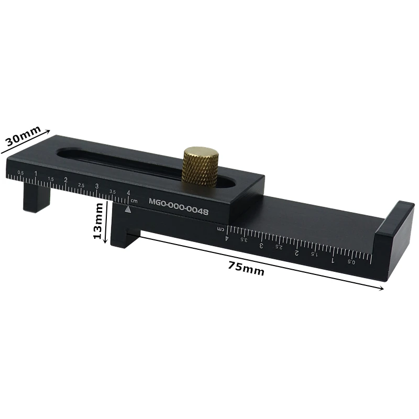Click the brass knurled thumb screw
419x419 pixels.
pyautogui.click(x=201, y=166)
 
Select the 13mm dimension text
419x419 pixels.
pyautogui.click(x=97, y=222)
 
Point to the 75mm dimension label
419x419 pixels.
pyautogui.click(x=246, y=268)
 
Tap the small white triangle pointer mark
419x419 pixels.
pyautogui.click(x=128, y=210)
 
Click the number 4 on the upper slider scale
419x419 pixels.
pyautogui.click(x=128, y=193)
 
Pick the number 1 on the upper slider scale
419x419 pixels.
pyautogui.click(x=36, y=173)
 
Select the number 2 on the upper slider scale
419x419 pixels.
pyautogui.click(x=65, y=180)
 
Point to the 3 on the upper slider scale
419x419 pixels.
pyautogui.click(x=97, y=186)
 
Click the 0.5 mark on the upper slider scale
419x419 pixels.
pyautogui.click(x=20, y=172)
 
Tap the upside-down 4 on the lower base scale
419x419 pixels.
pyautogui.click(x=227, y=238)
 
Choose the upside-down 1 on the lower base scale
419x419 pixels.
pyautogui.click(x=333, y=260)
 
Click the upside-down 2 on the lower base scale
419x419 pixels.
pyautogui.click(x=296, y=252)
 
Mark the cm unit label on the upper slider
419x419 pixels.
pyautogui.click(x=134, y=201)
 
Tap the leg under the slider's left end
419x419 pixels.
pyautogui.click(x=37, y=197)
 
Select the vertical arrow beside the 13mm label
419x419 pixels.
pyautogui.click(x=107, y=220)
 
